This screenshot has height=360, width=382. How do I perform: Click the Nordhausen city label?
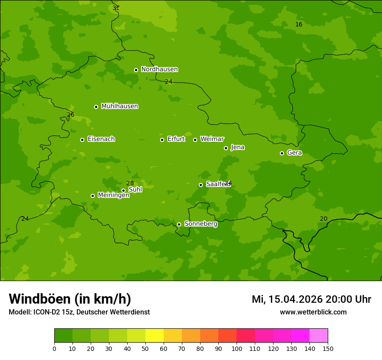click(x=159, y=69)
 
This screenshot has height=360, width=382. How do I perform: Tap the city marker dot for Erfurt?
click(x=162, y=140)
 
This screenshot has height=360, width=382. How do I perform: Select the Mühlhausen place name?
click(x=119, y=106)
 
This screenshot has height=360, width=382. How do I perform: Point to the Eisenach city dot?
click(x=82, y=140)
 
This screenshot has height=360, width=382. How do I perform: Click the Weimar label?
click(x=212, y=139)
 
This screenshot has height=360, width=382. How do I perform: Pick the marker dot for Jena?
click(x=226, y=148)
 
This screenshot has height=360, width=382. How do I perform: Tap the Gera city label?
click(x=294, y=153)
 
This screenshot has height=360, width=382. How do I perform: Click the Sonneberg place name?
click(x=201, y=224)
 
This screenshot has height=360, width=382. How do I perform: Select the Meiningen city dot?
click(x=92, y=196)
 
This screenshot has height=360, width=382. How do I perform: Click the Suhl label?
click(x=135, y=190)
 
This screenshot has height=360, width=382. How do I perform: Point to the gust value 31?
click(x=116, y=8)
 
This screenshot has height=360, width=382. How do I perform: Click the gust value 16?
click(x=299, y=24)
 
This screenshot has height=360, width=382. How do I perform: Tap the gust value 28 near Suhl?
click(x=130, y=183)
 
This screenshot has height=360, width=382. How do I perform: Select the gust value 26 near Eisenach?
click(x=70, y=115)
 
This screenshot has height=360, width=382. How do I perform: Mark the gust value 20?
click(x=323, y=219)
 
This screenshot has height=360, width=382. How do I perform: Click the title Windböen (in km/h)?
click(x=70, y=299)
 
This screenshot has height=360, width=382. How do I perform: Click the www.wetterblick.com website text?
click(x=313, y=312)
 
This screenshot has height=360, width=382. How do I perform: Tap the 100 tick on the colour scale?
click(x=237, y=348)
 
